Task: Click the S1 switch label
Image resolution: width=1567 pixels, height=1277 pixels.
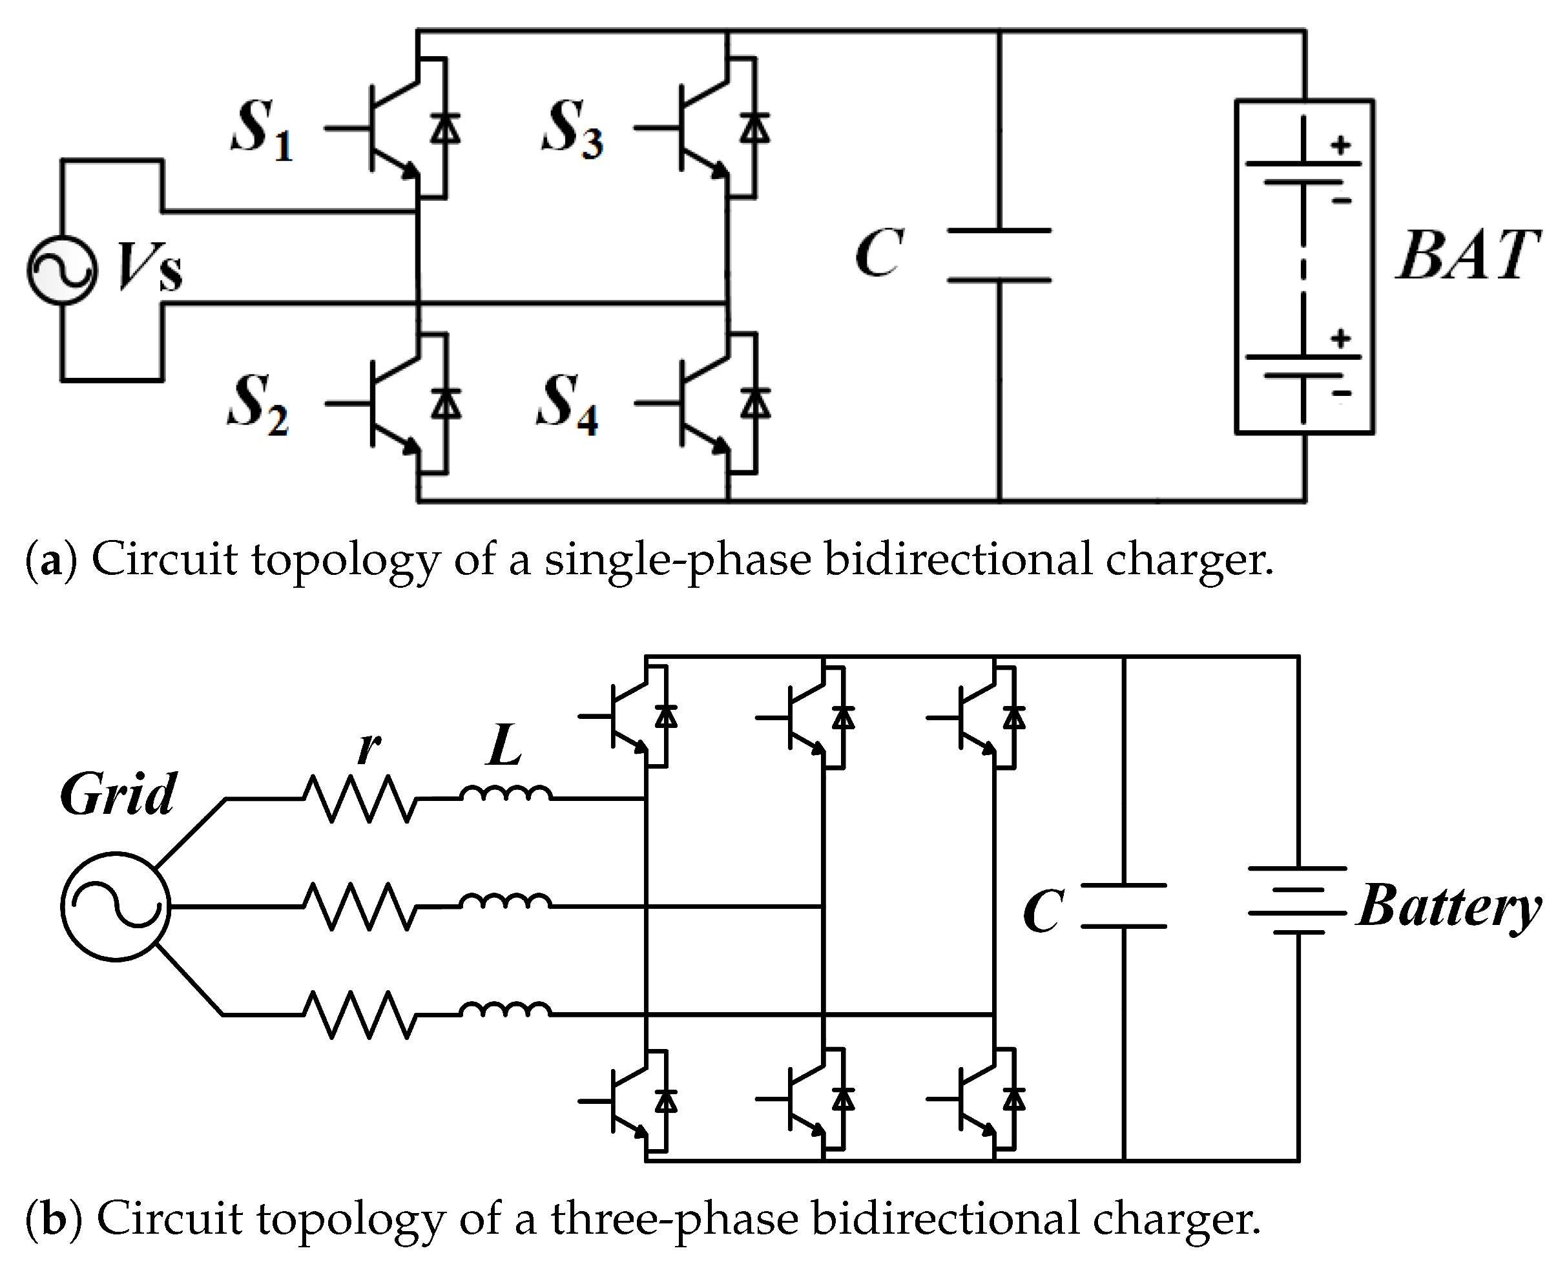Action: click(x=261, y=131)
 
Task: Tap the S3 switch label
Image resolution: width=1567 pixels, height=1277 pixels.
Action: click(x=572, y=131)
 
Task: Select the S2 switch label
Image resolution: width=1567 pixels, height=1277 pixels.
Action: click(x=258, y=406)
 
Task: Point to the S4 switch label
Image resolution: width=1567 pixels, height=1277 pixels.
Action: click(x=566, y=406)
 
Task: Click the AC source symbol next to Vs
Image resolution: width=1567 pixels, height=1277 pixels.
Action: click(x=62, y=270)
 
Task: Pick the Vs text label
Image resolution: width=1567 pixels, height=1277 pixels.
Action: click(x=149, y=266)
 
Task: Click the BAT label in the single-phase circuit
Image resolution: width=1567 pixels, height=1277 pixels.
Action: click(x=1467, y=255)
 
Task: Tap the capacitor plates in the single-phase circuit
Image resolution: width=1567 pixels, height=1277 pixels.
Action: click(x=999, y=255)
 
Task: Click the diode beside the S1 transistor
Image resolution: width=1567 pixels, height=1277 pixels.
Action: click(x=444, y=129)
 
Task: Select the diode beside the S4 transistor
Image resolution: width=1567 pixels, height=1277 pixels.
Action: click(x=755, y=404)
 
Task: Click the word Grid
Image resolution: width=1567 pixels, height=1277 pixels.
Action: click(x=118, y=794)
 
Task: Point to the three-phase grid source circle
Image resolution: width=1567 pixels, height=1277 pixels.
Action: click(x=116, y=906)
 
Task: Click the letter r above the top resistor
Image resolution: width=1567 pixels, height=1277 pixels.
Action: click(x=368, y=747)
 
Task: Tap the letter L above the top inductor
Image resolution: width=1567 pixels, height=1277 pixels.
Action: click(x=504, y=745)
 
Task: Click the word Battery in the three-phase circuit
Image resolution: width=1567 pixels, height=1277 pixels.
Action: click(x=1447, y=907)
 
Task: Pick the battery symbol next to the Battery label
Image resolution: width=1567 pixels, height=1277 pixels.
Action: click(x=1297, y=900)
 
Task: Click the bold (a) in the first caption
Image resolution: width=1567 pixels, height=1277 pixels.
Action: click(x=51, y=561)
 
